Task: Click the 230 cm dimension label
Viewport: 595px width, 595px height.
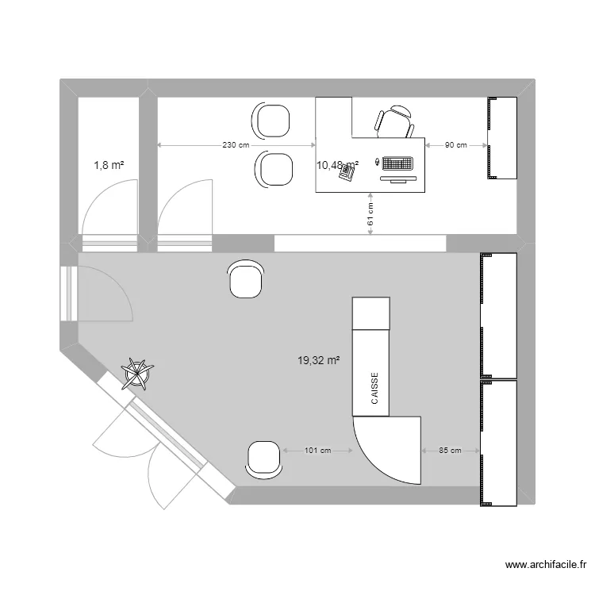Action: pyautogui.click(x=236, y=145)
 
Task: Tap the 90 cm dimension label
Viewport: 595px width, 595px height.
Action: pyautogui.click(x=456, y=145)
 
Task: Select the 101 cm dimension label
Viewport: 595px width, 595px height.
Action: pyautogui.click(x=317, y=451)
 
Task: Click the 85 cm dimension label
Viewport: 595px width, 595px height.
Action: pyautogui.click(x=450, y=451)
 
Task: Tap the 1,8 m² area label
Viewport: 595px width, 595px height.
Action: pyautogui.click(x=109, y=165)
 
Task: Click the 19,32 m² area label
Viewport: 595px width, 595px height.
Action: pyautogui.click(x=319, y=360)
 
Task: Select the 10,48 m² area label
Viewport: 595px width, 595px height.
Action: pyautogui.click(x=338, y=164)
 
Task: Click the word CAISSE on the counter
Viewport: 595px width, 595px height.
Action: pyautogui.click(x=374, y=389)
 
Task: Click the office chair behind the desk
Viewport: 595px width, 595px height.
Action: pyautogui.click(x=394, y=123)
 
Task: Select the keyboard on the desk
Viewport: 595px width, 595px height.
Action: pyautogui.click(x=397, y=164)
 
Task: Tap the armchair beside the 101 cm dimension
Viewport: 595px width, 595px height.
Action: pyautogui.click(x=264, y=459)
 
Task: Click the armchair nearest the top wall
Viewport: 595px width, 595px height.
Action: pyautogui.click(x=271, y=121)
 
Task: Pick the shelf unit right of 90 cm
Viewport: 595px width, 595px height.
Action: pyautogui.click(x=502, y=138)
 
